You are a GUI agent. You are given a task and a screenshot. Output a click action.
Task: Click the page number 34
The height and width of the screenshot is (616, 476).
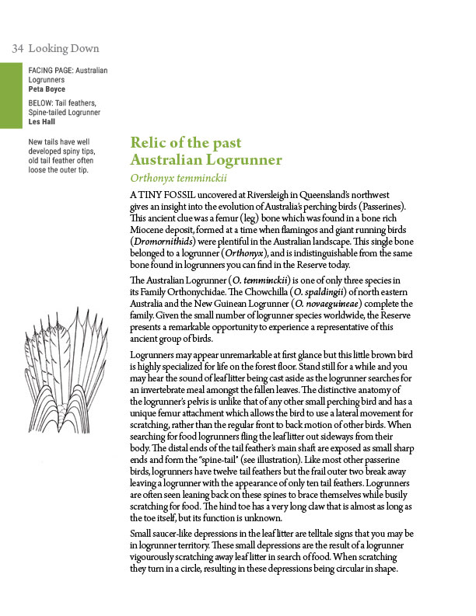coord(17,49)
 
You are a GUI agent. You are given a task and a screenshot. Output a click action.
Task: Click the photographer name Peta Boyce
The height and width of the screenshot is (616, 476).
coord(47,89)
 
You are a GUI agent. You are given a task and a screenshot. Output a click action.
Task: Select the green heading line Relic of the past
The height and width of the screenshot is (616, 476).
coord(186,144)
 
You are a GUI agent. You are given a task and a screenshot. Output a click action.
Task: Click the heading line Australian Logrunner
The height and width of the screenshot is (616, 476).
coord(206,161)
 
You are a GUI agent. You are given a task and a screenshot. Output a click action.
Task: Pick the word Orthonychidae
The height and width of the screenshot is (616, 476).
coord(213,291)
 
